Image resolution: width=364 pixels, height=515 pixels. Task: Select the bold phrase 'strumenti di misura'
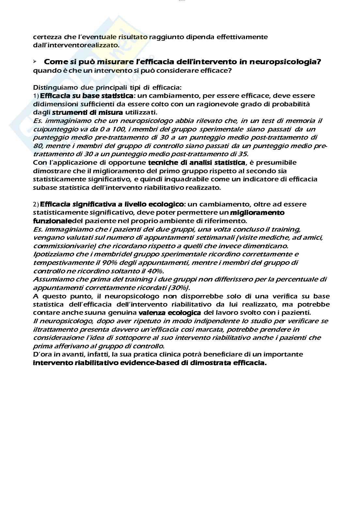[x=87, y=113]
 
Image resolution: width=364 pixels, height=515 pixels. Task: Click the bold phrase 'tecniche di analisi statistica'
[x=197, y=162]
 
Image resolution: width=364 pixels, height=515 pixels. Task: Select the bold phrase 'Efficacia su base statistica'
[x=86, y=96]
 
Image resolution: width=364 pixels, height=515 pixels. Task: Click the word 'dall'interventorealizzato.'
[x=76, y=45]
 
